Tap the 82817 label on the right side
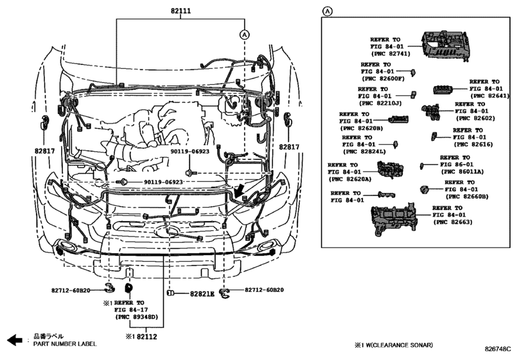click(x=289, y=147)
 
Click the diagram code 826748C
click(x=502, y=348)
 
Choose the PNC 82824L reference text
click(x=364, y=152)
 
